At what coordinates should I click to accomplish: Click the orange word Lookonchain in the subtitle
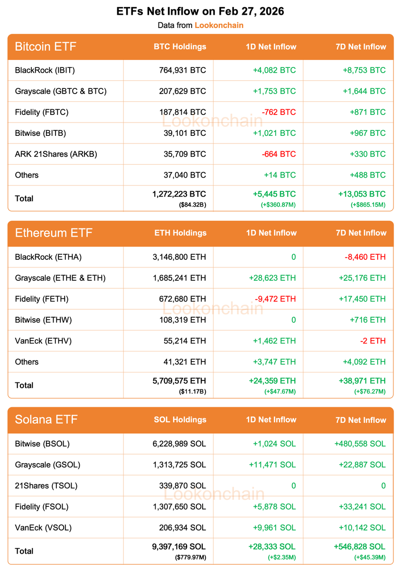coord(219,25)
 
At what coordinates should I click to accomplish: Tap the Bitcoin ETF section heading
coord(46,47)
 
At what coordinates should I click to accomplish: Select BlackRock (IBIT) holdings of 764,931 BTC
coord(183,70)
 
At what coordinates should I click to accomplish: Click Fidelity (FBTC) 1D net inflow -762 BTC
coord(279,112)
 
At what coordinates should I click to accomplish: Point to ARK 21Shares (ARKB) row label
coord(56,154)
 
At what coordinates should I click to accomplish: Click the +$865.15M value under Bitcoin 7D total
coord(369,205)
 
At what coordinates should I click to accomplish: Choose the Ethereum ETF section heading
coord(54,233)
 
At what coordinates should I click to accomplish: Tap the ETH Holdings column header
coord(180,233)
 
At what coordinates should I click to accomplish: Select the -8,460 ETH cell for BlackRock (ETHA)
coord(365,257)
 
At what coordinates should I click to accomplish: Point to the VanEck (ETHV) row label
coord(43,341)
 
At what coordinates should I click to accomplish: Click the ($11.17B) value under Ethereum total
coord(192,391)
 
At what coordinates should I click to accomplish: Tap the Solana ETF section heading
coord(46,419)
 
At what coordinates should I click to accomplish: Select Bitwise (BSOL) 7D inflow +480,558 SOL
coord(360,444)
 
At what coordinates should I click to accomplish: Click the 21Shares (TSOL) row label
coord(46,485)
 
